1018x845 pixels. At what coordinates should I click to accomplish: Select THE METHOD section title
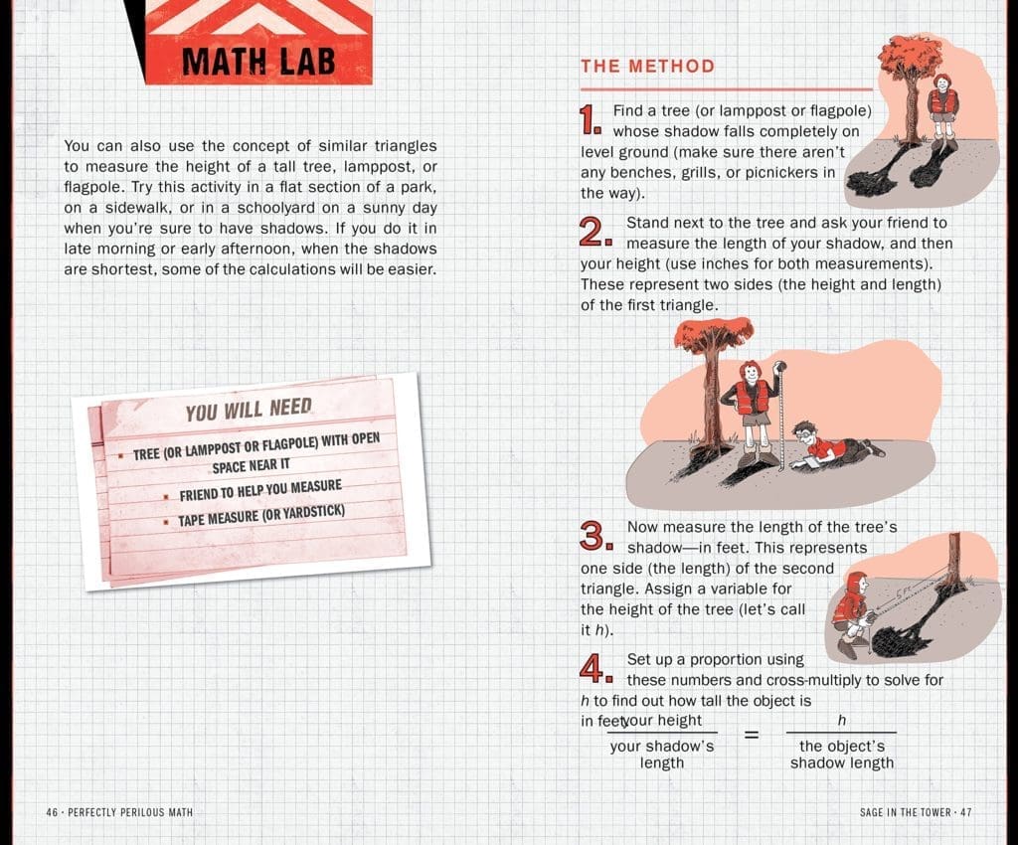click(x=647, y=67)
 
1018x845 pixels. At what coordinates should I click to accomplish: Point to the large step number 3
click(x=594, y=538)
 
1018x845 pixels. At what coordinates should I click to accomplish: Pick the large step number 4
click(x=594, y=669)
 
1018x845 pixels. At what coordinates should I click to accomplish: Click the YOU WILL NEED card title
click(x=249, y=410)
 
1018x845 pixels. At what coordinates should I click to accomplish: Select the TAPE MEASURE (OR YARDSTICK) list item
click(x=261, y=518)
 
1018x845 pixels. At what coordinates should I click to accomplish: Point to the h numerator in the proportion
click(x=841, y=720)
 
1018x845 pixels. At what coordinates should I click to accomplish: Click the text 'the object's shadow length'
click(x=841, y=755)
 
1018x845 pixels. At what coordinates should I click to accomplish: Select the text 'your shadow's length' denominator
click(x=662, y=755)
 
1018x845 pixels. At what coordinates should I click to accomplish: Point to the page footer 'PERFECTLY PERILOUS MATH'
click(x=119, y=812)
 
